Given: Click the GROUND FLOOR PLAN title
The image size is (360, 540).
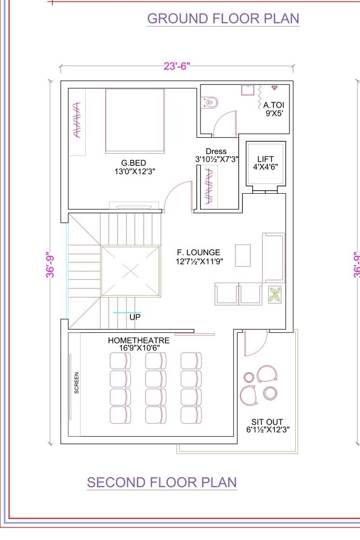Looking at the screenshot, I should click(x=223, y=19).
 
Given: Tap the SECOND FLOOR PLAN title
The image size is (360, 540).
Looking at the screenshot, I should click(x=162, y=483).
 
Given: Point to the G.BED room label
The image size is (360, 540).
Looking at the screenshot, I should click(x=133, y=163).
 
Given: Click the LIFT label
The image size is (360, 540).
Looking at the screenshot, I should click(x=265, y=159).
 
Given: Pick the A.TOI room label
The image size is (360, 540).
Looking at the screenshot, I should click(x=274, y=105).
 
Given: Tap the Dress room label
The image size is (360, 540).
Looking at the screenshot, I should click(x=216, y=151).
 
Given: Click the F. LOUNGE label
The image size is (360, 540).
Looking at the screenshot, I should click(x=198, y=252).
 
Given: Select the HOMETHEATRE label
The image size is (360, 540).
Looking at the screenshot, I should click(x=139, y=341).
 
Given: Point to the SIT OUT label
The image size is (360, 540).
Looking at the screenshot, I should click(x=267, y=422).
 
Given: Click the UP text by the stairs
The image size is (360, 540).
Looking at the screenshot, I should click(x=135, y=318).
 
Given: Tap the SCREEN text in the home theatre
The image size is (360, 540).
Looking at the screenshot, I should click(x=77, y=383).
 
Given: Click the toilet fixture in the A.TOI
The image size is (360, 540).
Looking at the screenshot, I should click(x=211, y=102).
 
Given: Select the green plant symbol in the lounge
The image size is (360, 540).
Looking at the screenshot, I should click(x=274, y=295).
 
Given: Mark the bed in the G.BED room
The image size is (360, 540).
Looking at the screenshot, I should click(x=134, y=121).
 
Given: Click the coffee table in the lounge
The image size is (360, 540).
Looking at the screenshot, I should click(x=243, y=256).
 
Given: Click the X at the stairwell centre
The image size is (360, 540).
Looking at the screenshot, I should click(x=130, y=271).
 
